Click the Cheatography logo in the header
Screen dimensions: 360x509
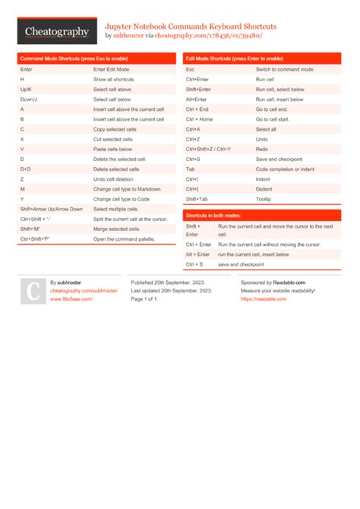[57, 32]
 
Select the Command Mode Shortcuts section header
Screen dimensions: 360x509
[74, 58]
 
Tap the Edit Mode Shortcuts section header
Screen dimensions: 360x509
[235, 58]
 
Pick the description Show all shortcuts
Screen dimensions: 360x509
[114, 79]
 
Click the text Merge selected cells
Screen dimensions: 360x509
[117, 229]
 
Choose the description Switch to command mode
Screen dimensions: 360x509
[285, 69]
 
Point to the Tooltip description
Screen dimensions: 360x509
[264, 198]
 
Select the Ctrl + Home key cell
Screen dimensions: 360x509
[199, 119]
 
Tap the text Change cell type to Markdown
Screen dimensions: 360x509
[127, 188]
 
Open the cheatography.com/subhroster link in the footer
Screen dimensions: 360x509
[84, 290]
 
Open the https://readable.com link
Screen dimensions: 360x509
[264, 299]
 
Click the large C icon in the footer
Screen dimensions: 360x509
[33, 291]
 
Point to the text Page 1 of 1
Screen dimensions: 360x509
[144, 299]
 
